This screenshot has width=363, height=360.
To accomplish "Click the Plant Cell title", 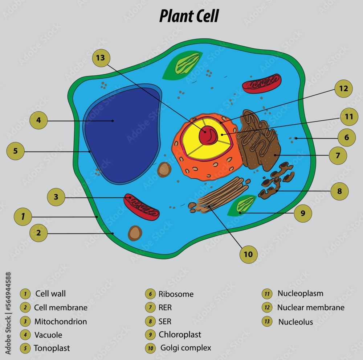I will click(189, 16).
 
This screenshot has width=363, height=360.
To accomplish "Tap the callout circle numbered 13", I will click(101, 58).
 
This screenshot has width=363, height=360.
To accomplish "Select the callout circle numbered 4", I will click(38, 120).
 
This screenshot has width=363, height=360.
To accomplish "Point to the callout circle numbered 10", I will click(248, 255).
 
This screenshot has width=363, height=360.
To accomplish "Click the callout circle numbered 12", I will click(343, 89).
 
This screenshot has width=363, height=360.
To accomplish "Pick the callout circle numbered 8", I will click(339, 191).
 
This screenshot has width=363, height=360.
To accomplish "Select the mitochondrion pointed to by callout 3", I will click(141, 207).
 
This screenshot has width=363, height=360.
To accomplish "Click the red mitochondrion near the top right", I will click(261, 83).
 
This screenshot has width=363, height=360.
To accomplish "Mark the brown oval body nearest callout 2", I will click(135, 233).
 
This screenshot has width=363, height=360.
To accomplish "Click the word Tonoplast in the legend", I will click(52, 348).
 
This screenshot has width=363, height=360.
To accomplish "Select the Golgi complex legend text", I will click(185, 348).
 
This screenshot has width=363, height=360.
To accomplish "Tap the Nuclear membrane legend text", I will click(311, 308).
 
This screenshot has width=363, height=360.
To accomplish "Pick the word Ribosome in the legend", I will click(176, 294).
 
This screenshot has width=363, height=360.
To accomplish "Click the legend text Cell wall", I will click(50, 294).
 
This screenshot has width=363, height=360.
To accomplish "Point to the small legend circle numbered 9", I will click(150, 335).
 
